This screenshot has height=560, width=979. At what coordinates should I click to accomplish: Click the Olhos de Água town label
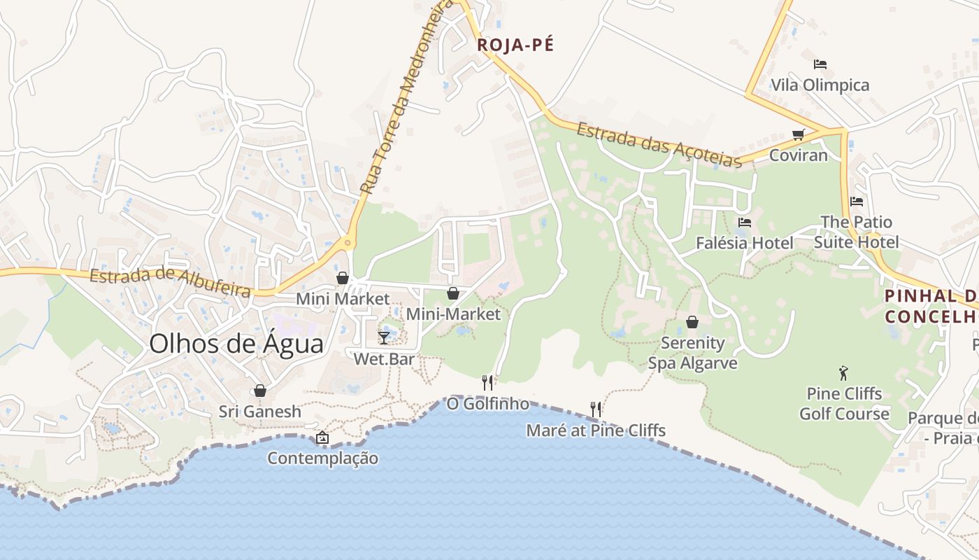click(236, 344)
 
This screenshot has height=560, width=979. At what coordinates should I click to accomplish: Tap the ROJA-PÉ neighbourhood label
click(515, 45)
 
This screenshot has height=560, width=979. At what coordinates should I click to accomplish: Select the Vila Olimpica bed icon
click(820, 64)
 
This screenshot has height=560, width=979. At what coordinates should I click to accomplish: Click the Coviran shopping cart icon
click(798, 134)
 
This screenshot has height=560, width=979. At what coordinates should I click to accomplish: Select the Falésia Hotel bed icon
click(745, 223)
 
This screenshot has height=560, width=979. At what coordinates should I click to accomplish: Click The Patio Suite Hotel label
click(857, 232)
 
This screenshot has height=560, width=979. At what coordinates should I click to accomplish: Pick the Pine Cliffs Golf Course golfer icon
click(843, 372)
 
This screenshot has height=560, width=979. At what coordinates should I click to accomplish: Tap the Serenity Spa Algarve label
click(692, 353)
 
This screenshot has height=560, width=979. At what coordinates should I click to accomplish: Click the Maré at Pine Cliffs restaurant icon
click(595, 409)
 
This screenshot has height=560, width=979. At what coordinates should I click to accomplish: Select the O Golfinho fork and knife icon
click(487, 382)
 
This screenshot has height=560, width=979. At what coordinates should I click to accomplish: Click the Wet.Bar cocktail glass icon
click(384, 338)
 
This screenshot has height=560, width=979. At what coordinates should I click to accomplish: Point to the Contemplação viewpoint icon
click(322, 438)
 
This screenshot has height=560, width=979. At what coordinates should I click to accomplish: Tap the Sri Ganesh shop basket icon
click(260, 391)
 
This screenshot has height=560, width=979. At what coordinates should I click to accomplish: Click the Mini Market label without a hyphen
click(343, 299)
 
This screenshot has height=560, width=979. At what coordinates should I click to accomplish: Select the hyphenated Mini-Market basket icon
click(453, 293)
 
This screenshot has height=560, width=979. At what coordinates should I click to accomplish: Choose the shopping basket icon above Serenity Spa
click(692, 322)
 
